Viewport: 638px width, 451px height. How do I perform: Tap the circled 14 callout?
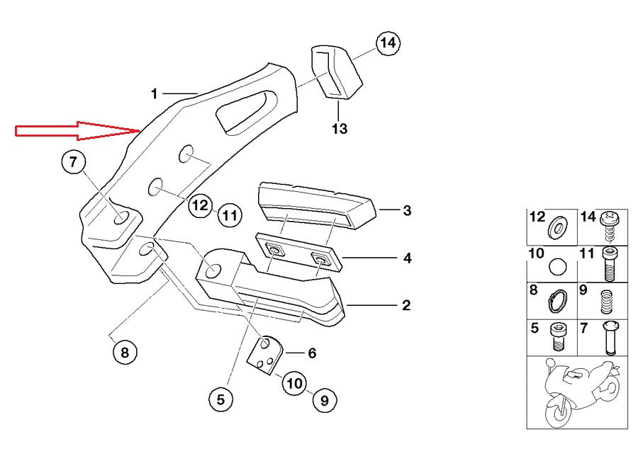(x=386, y=44)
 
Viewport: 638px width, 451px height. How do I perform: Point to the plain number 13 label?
(x=340, y=129)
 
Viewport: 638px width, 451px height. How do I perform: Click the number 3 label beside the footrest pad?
(x=407, y=210)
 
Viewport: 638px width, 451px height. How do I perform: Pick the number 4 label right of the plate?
(x=407, y=258)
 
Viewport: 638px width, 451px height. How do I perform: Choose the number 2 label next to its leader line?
(x=406, y=305)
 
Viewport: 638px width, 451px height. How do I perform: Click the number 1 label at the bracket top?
(x=154, y=93)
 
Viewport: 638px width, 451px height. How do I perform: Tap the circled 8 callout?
(x=124, y=351)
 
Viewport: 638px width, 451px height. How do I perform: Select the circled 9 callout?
(x=324, y=401)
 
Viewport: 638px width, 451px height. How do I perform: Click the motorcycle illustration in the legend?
(x=578, y=390)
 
